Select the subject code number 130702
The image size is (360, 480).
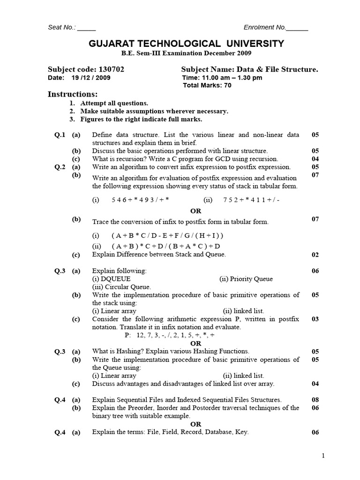[112, 69]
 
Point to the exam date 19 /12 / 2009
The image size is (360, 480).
[91, 78]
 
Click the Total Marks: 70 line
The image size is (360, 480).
[207, 85]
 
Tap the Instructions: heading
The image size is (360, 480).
[73, 94]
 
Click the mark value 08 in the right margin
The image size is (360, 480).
[315, 400]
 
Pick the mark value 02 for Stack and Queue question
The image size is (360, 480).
[315, 255]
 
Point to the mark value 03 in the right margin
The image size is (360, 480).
[315, 319]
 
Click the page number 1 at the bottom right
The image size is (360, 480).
[323, 455]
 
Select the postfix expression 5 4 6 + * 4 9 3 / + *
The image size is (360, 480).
[140, 200]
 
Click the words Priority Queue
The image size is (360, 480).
[252, 279]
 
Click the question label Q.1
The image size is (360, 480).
[60, 135]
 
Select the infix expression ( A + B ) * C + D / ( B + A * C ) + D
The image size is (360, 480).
[165, 246]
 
